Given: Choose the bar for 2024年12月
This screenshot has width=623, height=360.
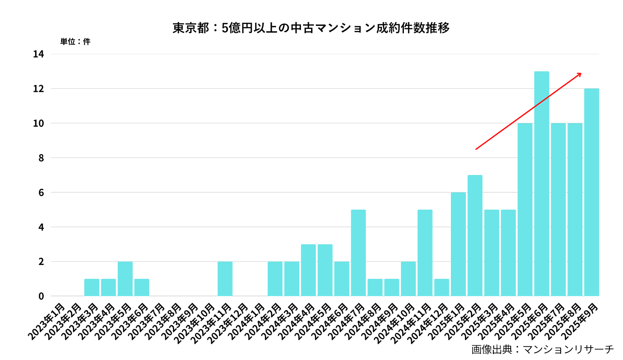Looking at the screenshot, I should (442, 288).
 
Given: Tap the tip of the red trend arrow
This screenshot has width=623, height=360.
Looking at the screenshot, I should (581, 73).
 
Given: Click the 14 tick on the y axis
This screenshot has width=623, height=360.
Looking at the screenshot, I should (39, 54).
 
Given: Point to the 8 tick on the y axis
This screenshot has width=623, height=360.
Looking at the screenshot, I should (41, 158).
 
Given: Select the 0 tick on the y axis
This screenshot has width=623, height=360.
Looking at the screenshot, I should (41, 296).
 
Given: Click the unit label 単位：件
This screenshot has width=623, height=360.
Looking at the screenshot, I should (75, 42).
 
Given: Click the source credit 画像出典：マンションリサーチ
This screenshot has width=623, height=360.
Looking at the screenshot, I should (542, 349).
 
